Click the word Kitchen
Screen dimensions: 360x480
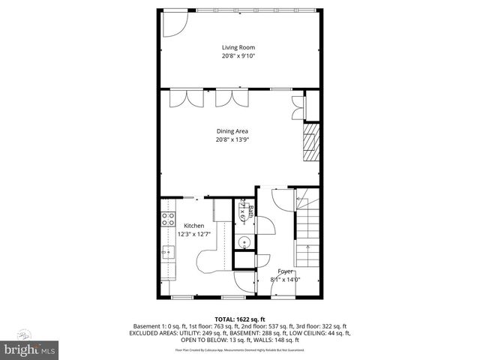[194, 225]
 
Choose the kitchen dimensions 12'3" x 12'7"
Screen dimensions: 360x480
[194, 234]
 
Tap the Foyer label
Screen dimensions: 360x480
[286, 271]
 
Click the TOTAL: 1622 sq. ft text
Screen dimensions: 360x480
[240, 319]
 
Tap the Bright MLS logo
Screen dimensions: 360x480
[30, 349]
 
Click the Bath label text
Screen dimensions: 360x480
[252, 212]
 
